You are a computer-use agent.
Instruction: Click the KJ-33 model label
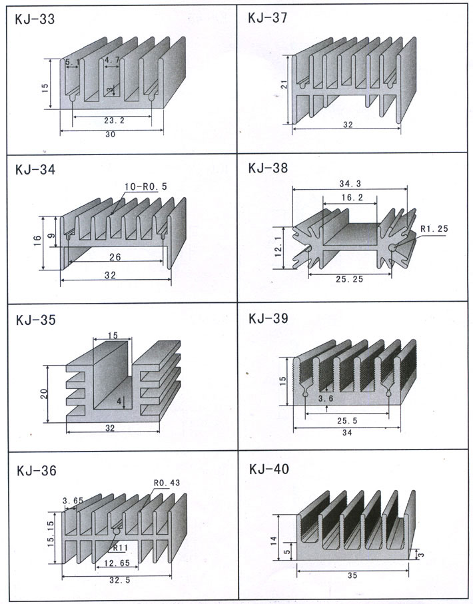pyautogui.click(x=34, y=20)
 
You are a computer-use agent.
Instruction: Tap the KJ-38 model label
pyautogui.click(x=268, y=169)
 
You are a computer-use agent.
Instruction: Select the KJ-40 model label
pyautogui.click(x=268, y=469)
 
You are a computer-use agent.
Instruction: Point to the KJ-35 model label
pyautogui.click(x=34, y=320)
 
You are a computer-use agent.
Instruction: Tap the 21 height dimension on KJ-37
pyautogui.click(x=284, y=85)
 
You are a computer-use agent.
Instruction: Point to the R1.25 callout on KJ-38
pyautogui.click(x=434, y=230)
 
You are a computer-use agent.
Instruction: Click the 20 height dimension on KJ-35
pyautogui.click(x=44, y=393)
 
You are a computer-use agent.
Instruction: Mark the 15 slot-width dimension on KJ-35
pyautogui.click(x=111, y=335)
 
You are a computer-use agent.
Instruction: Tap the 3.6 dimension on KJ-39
pyautogui.click(x=326, y=399)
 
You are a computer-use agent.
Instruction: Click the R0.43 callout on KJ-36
pyautogui.click(x=167, y=483)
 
